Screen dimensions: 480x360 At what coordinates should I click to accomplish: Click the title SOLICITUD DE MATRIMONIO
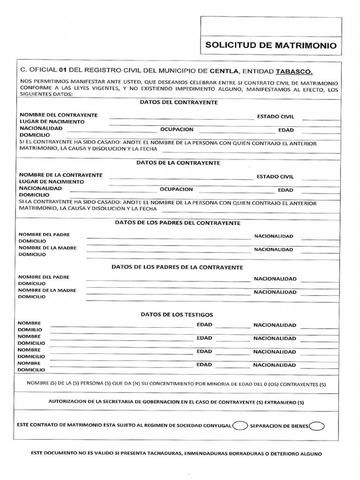point(271,46)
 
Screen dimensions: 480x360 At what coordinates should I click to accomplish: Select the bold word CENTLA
point(224,71)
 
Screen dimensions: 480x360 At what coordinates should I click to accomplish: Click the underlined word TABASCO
point(293,71)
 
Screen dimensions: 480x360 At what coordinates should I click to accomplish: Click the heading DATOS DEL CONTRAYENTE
point(178,102)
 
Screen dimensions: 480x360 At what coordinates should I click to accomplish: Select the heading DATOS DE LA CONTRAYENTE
point(178,163)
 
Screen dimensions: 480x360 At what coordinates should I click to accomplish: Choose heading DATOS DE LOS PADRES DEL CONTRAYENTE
point(178,223)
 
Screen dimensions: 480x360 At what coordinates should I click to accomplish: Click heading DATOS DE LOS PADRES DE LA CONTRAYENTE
point(177,267)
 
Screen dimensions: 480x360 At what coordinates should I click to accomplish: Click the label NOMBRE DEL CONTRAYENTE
point(58,115)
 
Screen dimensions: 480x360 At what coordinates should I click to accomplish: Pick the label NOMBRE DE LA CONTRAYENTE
point(60,175)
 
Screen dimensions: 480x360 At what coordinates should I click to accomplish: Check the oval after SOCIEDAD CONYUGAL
point(240,426)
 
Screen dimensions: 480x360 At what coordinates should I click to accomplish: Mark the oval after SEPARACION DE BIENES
point(317,426)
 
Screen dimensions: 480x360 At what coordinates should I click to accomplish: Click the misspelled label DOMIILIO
point(30,330)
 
